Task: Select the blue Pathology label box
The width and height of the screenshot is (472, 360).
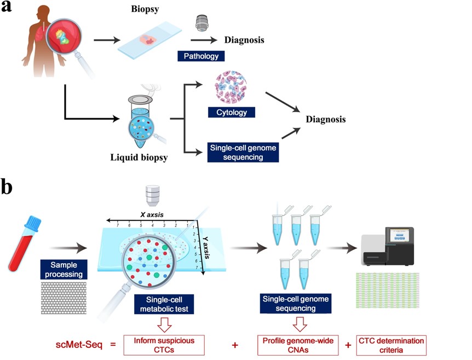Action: pyautogui.click(x=201, y=56)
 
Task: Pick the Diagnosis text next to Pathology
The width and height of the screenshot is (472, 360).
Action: pyautogui.click(x=244, y=40)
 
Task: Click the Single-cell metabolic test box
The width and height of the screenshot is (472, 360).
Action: pyautogui.click(x=164, y=305)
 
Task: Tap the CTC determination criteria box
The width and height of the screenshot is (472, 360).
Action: pyautogui.click(x=391, y=345)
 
